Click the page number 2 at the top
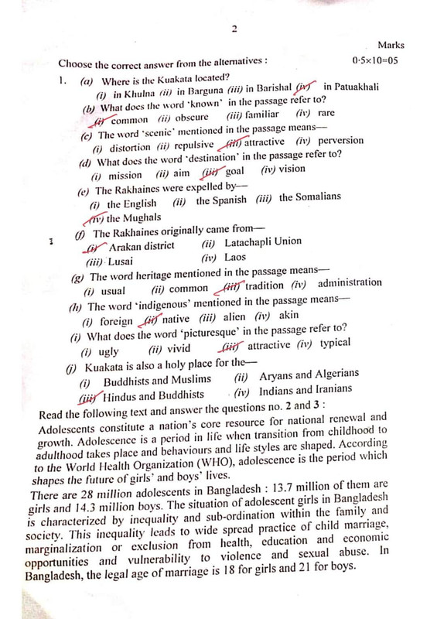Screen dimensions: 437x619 pos(233,29)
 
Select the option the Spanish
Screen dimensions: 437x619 pos(221,200)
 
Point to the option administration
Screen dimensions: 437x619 pos(350,283)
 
